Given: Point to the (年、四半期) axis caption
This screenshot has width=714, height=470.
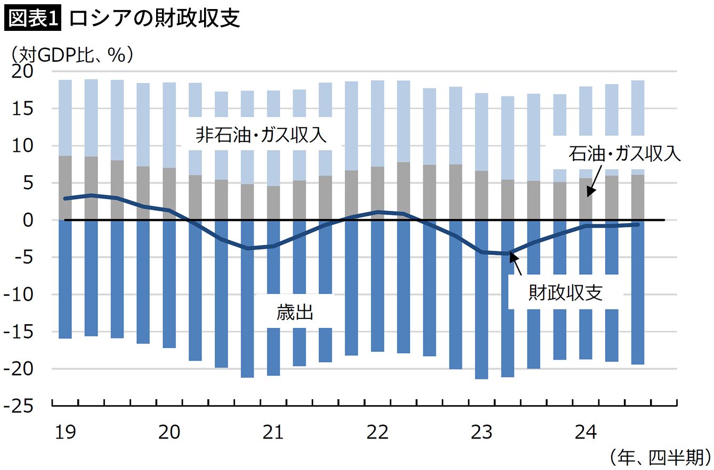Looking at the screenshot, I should (x=660, y=457).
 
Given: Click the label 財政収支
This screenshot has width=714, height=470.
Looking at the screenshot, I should (x=565, y=292).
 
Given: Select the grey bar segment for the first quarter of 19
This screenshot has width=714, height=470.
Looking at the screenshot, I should (x=65, y=187).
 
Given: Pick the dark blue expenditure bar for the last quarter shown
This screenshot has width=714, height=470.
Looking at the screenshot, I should (x=637, y=293).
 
